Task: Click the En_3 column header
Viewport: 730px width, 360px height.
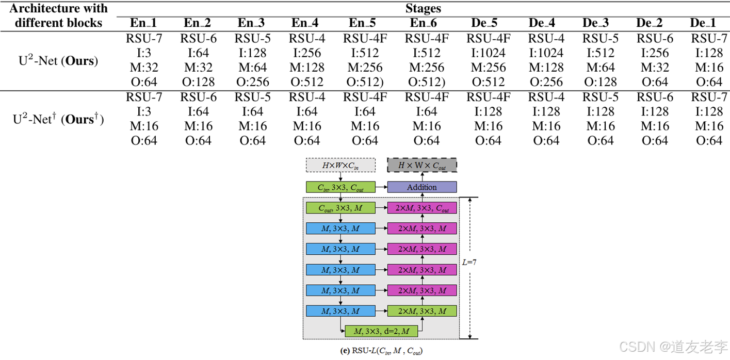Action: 251,23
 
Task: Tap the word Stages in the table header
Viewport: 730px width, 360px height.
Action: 422,8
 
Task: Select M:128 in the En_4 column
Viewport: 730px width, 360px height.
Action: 306,67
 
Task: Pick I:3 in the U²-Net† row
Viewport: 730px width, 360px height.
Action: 144,111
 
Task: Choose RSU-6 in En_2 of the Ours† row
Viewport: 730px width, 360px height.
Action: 198,97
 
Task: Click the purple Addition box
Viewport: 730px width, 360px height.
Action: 422,187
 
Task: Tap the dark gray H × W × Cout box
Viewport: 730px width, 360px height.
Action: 422,165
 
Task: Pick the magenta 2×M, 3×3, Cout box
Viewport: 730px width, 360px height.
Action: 422,208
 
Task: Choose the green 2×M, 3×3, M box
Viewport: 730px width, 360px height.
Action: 422,310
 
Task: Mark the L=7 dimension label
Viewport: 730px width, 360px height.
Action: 468,262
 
